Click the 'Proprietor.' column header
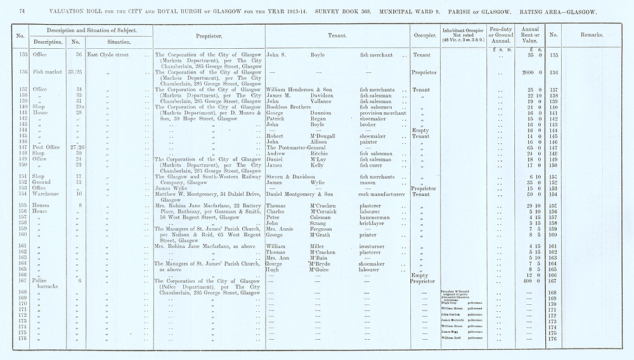click(208, 36)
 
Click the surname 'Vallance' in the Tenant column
click(325, 101)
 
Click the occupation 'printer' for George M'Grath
click(369, 235)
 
